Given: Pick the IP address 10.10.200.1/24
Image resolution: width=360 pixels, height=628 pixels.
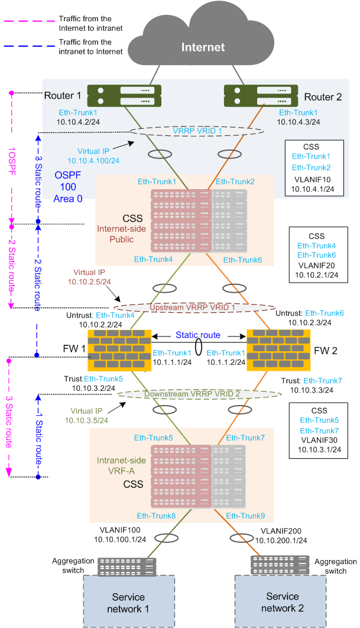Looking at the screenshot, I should pyautogui.click(x=281, y=539).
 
